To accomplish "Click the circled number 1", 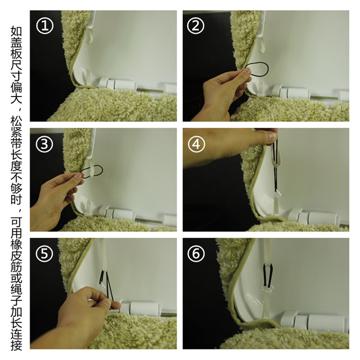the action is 45,25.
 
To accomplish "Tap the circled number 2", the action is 196,25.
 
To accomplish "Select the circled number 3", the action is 45,144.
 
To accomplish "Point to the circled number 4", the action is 196,144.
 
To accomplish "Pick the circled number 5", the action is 45,253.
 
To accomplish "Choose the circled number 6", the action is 196,253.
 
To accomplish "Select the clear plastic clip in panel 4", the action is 277,193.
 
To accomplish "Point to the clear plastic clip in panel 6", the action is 269,288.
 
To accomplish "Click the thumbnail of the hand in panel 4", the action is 272,137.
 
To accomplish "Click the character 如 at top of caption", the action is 16,32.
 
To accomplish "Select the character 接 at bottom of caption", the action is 16,345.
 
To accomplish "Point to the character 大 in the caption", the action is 16,98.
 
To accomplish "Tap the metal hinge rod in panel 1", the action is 150,90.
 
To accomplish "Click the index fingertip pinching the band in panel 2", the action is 247,71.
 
